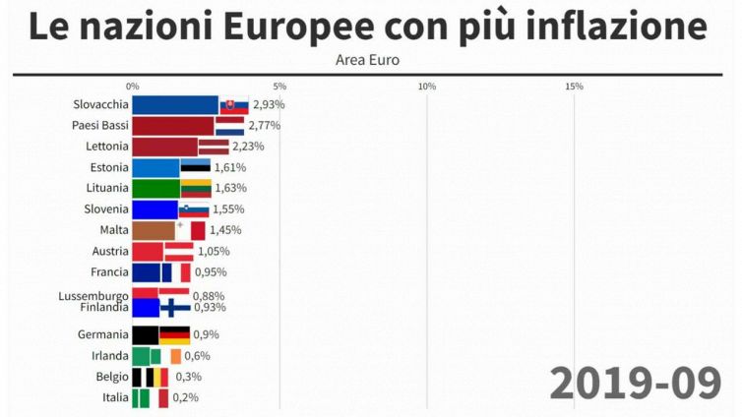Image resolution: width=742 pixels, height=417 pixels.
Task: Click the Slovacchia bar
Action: [x=174, y=104]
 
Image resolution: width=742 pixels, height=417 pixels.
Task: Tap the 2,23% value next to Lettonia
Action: [x=248, y=146]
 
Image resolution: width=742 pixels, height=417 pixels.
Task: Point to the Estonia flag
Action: [x=195, y=167]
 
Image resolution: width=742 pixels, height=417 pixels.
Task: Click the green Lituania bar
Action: [x=155, y=188]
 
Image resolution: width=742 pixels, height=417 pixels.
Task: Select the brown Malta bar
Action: [x=153, y=230]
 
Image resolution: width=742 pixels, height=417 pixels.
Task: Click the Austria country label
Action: [x=109, y=251]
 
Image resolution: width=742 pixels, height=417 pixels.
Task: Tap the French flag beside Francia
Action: [x=176, y=271]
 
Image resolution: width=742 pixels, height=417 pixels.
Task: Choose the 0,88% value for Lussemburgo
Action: [x=209, y=295]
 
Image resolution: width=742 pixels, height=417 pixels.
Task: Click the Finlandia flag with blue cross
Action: [x=175, y=308]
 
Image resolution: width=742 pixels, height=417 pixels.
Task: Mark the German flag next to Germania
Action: [x=174, y=334]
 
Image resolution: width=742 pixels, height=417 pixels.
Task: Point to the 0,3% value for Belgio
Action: [x=189, y=377]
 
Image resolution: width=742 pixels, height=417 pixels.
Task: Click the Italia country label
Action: [x=114, y=397]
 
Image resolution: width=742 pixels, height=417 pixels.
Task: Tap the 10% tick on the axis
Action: [x=427, y=87]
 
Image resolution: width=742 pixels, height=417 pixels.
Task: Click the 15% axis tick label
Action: [x=575, y=87]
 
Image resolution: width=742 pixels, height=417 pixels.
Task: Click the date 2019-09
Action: [x=635, y=383]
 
